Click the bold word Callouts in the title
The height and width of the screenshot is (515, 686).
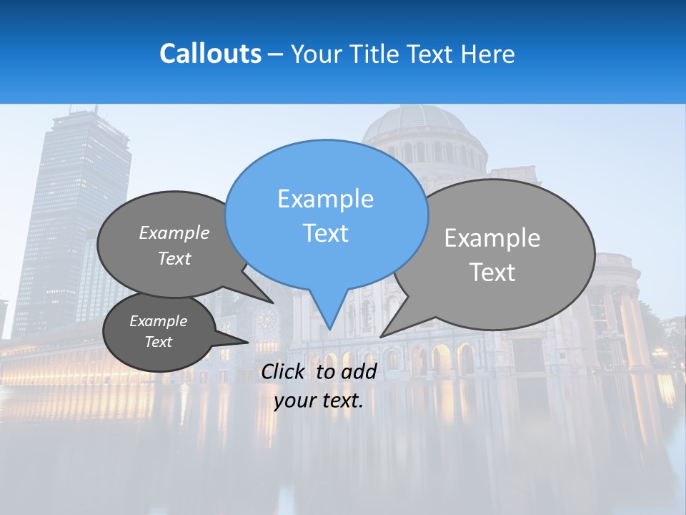pos(210,54)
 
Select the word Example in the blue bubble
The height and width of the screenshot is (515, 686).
pos(325,199)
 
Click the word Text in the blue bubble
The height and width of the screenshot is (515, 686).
pos(325,233)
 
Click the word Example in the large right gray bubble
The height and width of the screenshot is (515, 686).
pos(492,238)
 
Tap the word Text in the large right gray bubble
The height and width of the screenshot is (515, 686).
pos(492,273)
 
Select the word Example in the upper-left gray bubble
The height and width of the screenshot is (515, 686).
pos(174,233)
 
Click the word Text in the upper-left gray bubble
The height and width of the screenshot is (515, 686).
pos(174,259)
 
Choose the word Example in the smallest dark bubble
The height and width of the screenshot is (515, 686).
pos(158,321)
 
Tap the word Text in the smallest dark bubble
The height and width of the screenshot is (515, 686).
pos(158,342)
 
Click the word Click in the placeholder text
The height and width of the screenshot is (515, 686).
pos(284,371)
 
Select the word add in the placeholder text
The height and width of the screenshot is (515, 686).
pos(359,371)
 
